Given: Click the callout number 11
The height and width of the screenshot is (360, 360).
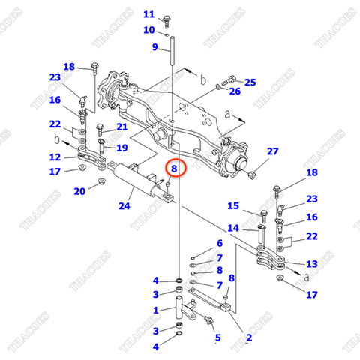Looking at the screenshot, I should coord(148,14).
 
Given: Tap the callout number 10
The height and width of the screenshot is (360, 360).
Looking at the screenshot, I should coord(148,30).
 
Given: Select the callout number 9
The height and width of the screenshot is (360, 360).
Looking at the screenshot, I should coord(155,48).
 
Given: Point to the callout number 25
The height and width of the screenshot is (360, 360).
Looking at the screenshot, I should coord(250,81).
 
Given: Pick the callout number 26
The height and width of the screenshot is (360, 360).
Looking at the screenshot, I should coord(235,91).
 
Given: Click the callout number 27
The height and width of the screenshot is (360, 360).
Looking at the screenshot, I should coord(273,151).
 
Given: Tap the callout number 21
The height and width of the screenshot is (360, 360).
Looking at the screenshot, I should coord(122,127).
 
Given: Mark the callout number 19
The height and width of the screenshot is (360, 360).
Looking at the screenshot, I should coord(122,148).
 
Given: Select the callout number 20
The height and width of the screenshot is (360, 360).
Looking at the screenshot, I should coord(79,191).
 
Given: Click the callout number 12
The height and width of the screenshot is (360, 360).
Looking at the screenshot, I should coord(55,157).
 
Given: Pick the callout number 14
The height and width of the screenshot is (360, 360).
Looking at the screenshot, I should coord(233,228).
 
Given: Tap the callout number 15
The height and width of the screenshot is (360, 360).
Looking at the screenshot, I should coord(233,206).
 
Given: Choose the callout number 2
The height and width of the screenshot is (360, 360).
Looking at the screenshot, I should coord(248,338).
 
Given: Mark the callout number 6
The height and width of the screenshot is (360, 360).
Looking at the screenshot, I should coord(220,243).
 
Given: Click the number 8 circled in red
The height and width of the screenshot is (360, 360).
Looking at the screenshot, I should coord(173,169).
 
